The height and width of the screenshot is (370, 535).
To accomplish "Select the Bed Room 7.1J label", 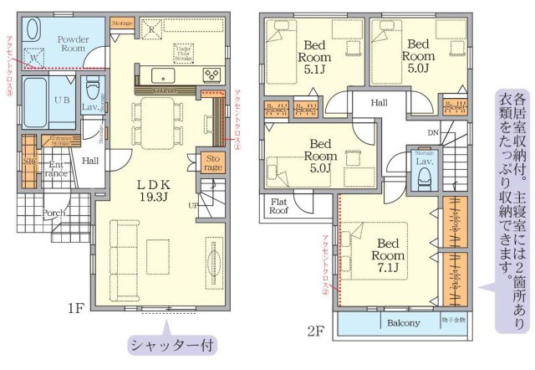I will (390, 255).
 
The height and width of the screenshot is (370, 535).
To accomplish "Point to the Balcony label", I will (404, 322).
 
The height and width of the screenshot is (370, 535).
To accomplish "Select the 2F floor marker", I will (315, 331).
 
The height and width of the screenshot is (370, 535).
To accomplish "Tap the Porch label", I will (54, 212).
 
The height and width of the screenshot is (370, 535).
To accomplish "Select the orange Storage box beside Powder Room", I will (123, 23).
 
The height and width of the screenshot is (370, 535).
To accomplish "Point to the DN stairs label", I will (433, 132).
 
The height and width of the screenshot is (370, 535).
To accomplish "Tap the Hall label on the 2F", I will (379, 102).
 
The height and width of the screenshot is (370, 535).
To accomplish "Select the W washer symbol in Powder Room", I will (33, 59).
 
